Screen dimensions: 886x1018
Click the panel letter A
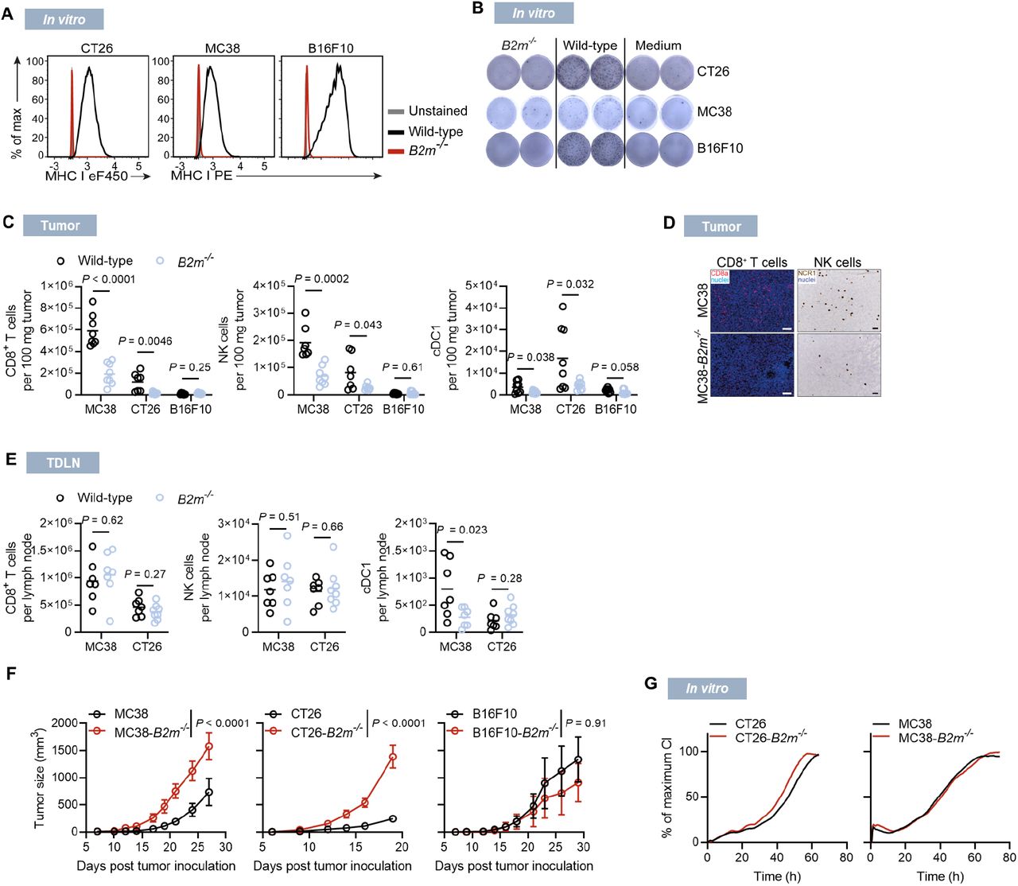tap(7, 14)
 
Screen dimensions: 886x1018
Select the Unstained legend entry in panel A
tap(437, 111)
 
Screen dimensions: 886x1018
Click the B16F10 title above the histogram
tap(331, 49)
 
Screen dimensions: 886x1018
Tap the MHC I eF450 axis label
tap(86, 176)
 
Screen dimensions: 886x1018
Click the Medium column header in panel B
tap(658, 45)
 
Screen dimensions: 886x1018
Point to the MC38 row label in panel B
tap(714, 111)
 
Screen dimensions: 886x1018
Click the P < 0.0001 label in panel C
tap(109, 279)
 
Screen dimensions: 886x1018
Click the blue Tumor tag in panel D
tap(721, 227)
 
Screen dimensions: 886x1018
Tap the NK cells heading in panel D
tap(837, 262)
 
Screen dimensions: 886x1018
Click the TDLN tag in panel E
tap(63, 462)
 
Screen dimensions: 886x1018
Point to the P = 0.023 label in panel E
tap(462, 530)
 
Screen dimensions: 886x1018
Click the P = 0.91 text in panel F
tap(585, 723)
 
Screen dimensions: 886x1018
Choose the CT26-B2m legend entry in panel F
tap(326, 732)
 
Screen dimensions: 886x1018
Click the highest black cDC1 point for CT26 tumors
tap(562, 306)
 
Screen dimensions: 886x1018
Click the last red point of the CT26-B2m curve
tap(392, 758)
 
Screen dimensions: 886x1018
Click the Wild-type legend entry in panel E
tap(104, 498)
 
